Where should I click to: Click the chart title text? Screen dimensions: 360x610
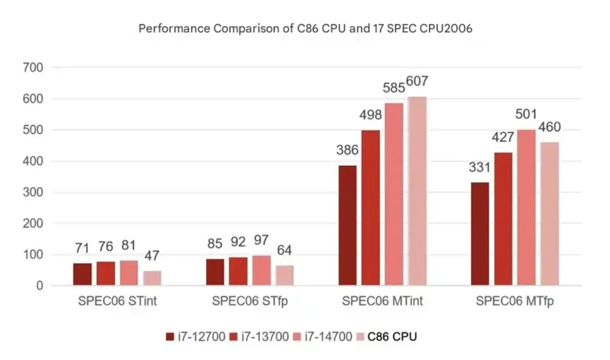point(305,29)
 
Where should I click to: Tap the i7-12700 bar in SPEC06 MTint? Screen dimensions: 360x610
point(348,225)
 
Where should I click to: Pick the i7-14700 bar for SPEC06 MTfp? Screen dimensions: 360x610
point(527,207)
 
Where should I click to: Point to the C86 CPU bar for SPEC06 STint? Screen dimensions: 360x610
point(152,278)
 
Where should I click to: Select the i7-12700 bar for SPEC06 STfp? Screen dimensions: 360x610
point(215,272)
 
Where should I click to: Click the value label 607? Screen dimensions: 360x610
point(418,81)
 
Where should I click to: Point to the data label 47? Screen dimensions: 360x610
point(152,256)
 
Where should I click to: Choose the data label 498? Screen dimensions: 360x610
point(371,115)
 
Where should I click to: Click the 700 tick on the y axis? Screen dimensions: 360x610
point(33,67)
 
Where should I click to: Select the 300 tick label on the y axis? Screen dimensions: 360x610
point(33,192)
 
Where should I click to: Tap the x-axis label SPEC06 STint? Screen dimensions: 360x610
point(117,301)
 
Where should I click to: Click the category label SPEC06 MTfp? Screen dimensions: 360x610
point(515,301)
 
